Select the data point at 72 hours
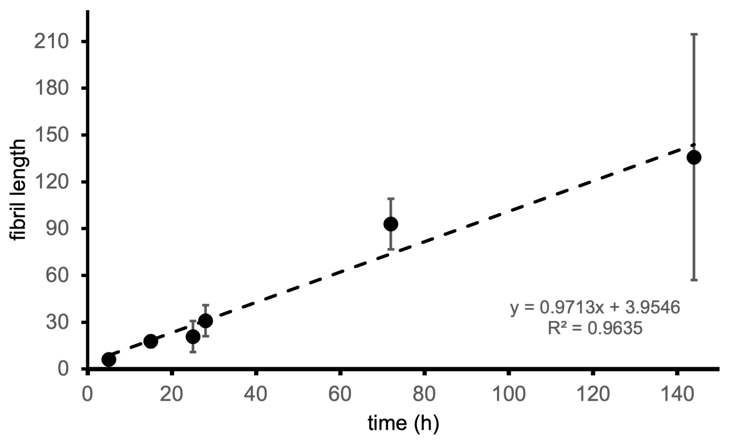click(391, 224)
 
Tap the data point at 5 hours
click(109, 360)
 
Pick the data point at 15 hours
click(151, 341)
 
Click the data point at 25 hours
click(193, 337)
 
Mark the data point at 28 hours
click(206, 321)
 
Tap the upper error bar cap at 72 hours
click(391, 198)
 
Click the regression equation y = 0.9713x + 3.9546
click(595, 307)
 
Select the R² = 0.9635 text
click(595, 328)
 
